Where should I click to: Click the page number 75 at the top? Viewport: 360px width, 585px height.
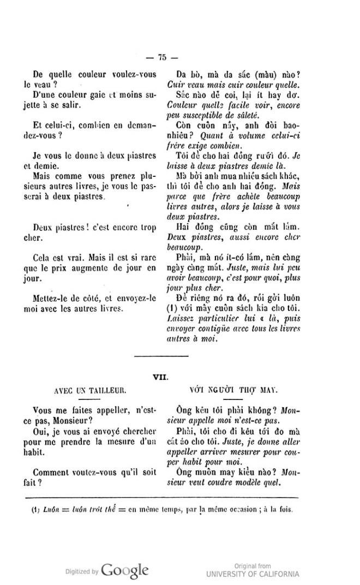[161, 57]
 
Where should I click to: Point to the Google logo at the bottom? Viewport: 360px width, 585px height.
[124, 570]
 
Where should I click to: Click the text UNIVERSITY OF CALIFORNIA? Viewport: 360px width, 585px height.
[253, 574]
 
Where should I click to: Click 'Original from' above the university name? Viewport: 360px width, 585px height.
[253, 566]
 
